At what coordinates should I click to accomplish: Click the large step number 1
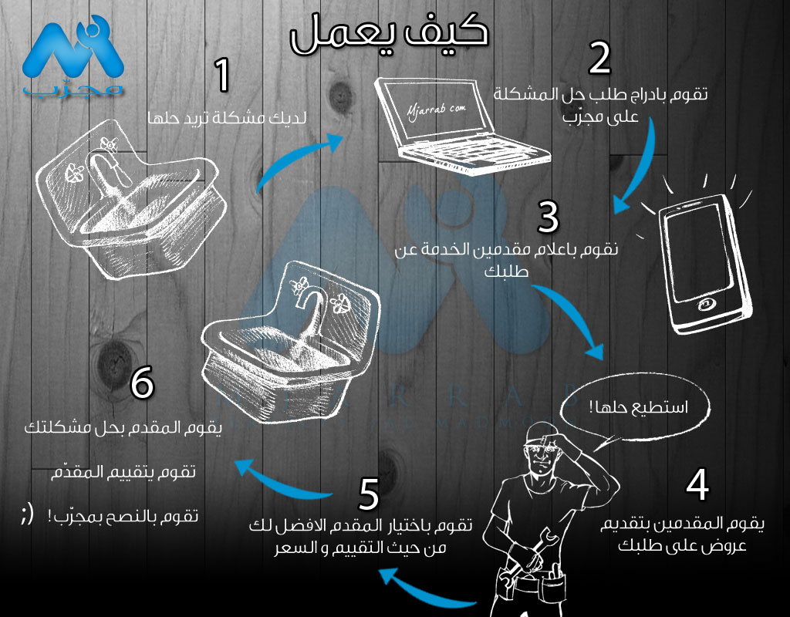pyautogui.click(x=221, y=76)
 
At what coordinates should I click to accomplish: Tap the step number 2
pyautogui.click(x=599, y=58)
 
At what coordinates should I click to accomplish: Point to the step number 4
pyautogui.click(x=697, y=484)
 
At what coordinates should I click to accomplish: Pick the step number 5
pyautogui.click(x=369, y=494)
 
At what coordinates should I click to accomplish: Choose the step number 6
pyautogui.click(x=142, y=383)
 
